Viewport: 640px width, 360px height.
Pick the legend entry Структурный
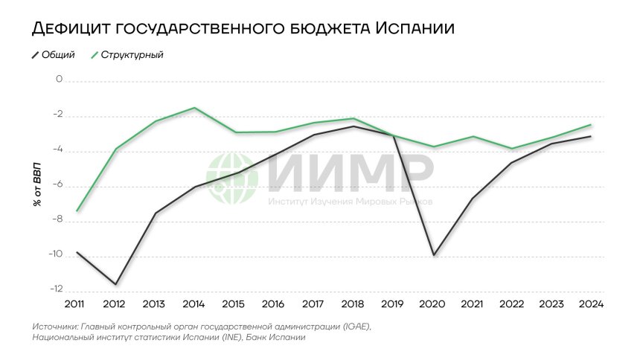pyautogui.click(x=132, y=55)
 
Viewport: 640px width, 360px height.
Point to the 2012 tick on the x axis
pyautogui.click(x=114, y=304)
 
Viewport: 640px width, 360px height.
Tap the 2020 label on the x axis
pyautogui.click(x=433, y=304)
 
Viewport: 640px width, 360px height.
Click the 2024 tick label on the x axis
pyautogui.click(x=592, y=304)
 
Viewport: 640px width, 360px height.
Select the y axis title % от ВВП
pyautogui.click(x=37, y=182)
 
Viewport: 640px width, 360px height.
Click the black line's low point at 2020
pyautogui.click(x=433, y=255)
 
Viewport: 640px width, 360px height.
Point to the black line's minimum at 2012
pyautogui.click(x=115, y=283)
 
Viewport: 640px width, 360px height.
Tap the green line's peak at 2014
pyautogui.click(x=194, y=108)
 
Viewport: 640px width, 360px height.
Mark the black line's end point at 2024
pyautogui.click(x=592, y=136)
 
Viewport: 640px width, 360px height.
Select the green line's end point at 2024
pyautogui.click(x=592, y=124)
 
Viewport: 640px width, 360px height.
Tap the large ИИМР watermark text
pyautogui.click(x=350, y=173)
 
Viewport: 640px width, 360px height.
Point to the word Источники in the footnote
pyautogui.click(x=55, y=327)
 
